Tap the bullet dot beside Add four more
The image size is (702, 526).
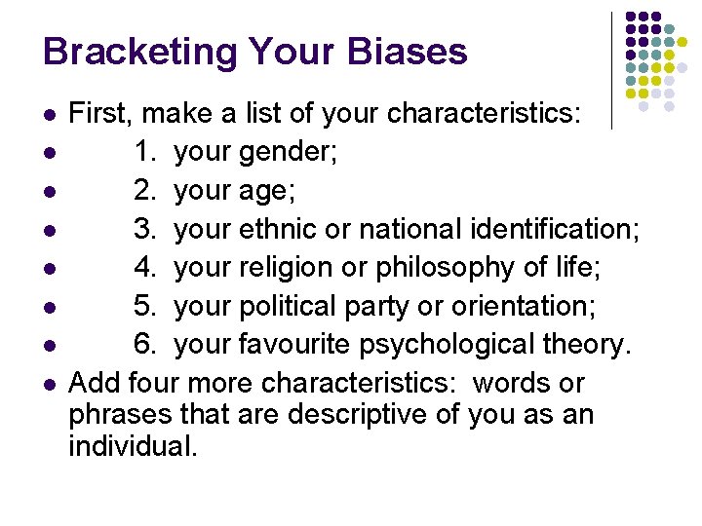click(49, 383)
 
